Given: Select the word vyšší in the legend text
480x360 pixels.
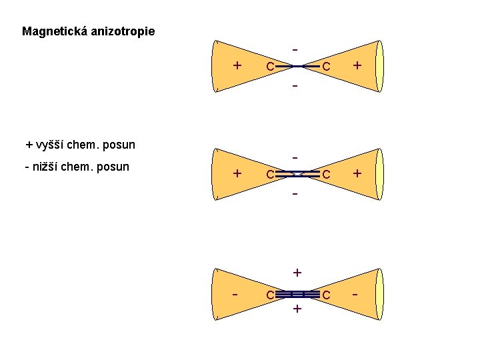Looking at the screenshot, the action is pos(49,145).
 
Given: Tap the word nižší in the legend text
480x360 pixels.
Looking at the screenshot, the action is pos(45,167).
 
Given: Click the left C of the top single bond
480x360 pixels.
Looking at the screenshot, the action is pos(268,67).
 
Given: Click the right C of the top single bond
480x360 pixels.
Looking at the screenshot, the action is pos(327,67).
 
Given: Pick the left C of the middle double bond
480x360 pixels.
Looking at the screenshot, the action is pos(268,175).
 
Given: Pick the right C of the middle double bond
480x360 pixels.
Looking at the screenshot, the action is pos(327,175).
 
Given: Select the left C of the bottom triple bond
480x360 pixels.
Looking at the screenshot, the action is pos(268,295).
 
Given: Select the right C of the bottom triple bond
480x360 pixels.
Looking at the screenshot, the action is pos(327,295).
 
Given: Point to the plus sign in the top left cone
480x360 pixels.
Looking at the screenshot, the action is pos(237,65).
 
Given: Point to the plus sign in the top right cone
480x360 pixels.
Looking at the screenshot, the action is pos(358,65).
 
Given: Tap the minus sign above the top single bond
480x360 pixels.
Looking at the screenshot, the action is pos(295,49).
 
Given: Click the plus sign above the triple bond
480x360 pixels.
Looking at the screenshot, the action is pos(297,273).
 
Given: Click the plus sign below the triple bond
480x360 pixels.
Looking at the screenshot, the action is pos(297,309).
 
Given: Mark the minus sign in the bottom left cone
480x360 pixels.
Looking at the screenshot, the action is pos(236,293).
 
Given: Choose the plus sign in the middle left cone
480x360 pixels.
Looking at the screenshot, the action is pos(237,173).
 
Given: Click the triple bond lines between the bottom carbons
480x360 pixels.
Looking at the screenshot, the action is pos(297,294).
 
